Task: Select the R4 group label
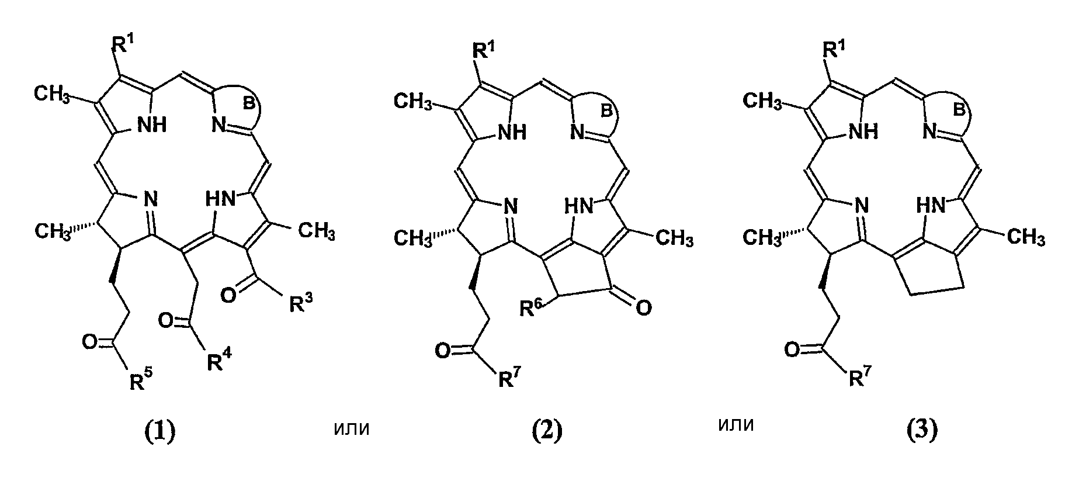click(218, 361)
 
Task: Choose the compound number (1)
click(159, 432)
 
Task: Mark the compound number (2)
click(547, 432)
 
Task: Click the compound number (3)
click(921, 431)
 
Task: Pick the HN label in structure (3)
click(931, 205)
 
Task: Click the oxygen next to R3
click(230, 296)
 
